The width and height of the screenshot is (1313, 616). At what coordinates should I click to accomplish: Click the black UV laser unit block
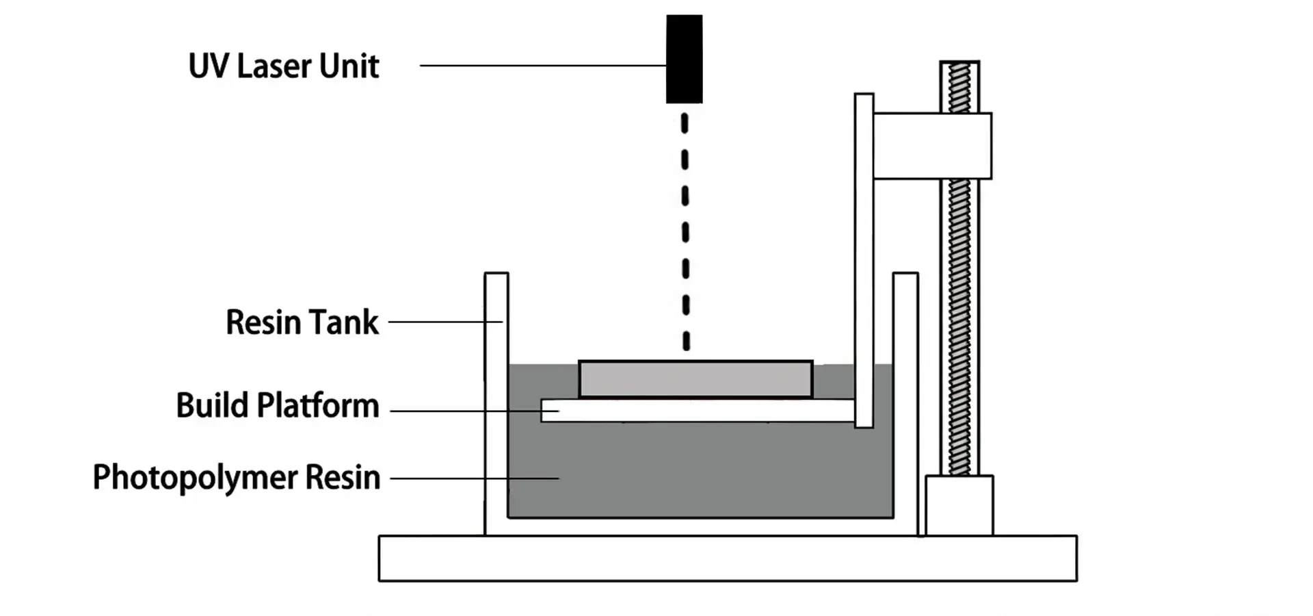[684, 59]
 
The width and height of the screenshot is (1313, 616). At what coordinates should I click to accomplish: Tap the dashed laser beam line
[685, 233]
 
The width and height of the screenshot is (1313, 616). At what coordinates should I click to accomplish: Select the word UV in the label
[208, 66]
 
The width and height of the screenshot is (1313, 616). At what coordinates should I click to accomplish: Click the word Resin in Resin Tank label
[263, 322]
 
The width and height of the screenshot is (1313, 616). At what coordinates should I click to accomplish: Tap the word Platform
[318, 405]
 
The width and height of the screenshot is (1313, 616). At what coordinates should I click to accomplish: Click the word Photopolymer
[195, 478]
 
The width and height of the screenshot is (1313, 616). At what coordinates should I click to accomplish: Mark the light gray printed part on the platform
[695, 379]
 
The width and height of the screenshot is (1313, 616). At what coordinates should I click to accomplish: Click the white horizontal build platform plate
[698, 411]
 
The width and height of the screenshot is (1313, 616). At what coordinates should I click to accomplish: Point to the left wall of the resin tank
[496, 404]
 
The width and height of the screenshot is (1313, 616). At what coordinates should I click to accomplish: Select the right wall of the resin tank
[905, 404]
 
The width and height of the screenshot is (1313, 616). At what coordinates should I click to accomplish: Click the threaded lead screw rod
[959, 329]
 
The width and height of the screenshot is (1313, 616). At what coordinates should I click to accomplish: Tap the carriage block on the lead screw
[933, 146]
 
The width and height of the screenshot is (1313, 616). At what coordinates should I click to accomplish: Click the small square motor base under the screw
[959, 506]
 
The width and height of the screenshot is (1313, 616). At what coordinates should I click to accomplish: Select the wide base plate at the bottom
[728, 559]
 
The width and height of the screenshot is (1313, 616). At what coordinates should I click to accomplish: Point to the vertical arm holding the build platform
[864, 260]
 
